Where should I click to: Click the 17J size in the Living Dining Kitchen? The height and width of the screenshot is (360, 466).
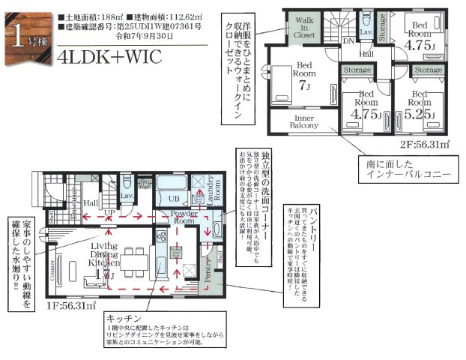pyautogui.click(x=110, y=274)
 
